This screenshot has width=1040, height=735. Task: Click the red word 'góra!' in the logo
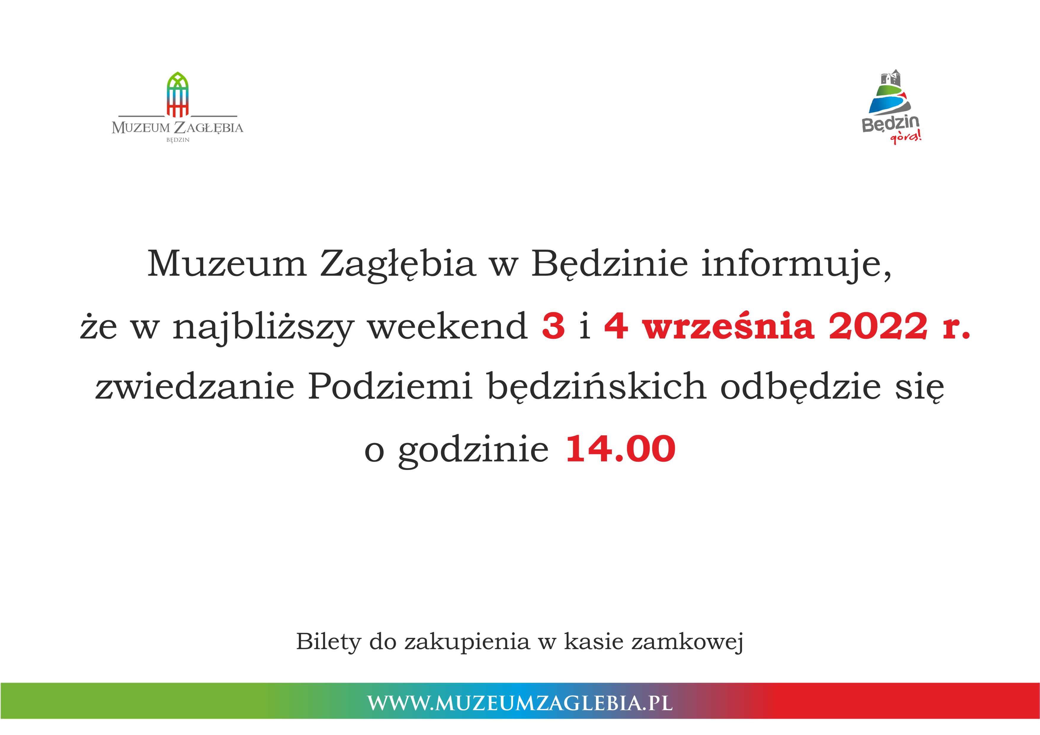[906, 136]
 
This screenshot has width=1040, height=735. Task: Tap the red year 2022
[878, 326]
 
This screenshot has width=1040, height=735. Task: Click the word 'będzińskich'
[597, 388]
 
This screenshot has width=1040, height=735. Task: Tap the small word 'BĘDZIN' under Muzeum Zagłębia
[177, 140]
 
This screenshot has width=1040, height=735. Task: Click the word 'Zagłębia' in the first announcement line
[398, 265]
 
